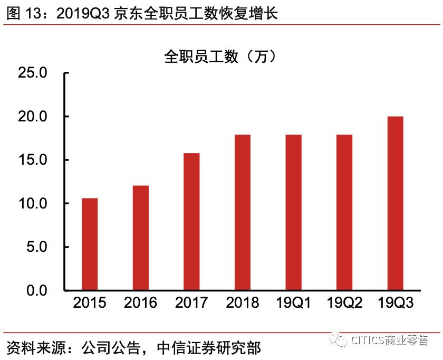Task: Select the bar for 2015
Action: [x=90, y=244]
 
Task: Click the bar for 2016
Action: [x=140, y=238]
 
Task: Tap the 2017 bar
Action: [x=191, y=222]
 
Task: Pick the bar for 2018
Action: [x=242, y=213]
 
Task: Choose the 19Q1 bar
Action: [x=293, y=213]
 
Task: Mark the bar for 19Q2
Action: [x=344, y=213]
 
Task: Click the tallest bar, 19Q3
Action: [x=395, y=203]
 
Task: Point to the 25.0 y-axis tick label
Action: [x=33, y=73]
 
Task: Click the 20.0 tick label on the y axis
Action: [x=33, y=117]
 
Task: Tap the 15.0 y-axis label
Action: [x=33, y=160]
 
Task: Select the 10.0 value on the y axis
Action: [x=33, y=204]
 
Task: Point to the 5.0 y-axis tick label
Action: [x=36, y=247]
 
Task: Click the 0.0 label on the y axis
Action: [x=36, y=291]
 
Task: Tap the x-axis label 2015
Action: [x=90, y=303]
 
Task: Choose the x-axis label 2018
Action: [x=242, y=303]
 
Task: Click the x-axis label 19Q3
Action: [x=395, y=303]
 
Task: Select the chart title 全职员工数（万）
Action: [x=220, y=56]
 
